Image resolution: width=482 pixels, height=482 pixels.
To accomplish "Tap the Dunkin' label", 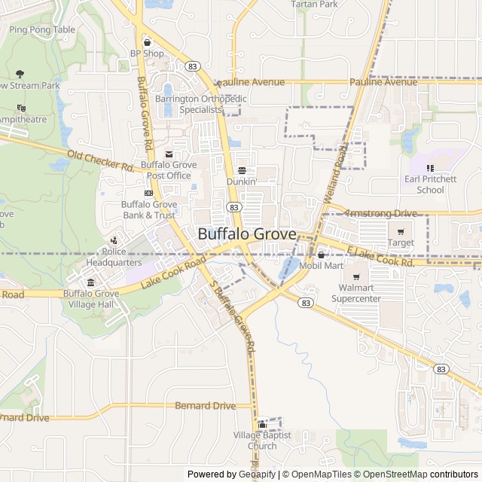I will point(242,182).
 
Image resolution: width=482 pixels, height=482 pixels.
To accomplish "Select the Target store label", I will point(401,243).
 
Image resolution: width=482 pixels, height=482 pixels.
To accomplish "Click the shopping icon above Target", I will point(401,231).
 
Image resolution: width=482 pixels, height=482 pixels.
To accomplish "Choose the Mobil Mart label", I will point(321,266).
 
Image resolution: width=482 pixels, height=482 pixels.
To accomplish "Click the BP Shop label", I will point(147,53).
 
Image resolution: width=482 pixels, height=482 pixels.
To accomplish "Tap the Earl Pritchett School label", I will point(430,185).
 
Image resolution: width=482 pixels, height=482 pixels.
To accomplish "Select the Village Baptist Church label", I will point(261,441).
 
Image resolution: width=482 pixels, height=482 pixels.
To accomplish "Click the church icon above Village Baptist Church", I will point(262,425).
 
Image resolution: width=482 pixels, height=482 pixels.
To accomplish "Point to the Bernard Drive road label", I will point(205,406).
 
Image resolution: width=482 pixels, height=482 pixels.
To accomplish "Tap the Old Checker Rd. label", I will point(100,160).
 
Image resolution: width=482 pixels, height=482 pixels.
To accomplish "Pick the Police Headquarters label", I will point(113,257).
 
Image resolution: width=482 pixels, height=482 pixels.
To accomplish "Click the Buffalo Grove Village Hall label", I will point(91,299).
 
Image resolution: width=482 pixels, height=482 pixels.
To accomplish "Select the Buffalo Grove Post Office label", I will point(169,170).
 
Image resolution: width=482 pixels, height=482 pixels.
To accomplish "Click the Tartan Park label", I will point(314,5).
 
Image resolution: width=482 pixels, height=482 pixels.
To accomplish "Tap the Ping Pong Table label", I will point(42,30).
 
